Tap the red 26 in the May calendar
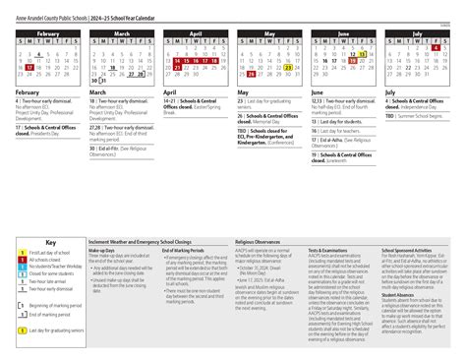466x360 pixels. [x=252, y=73]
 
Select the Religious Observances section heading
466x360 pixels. [x=258, y=240]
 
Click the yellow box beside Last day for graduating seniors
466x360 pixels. [x=23, y=331]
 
